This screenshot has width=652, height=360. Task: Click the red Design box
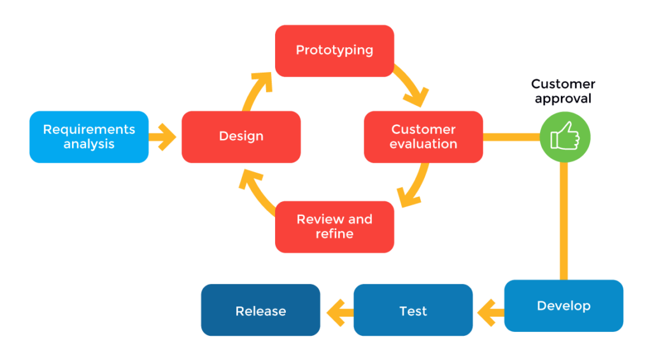point(241,136)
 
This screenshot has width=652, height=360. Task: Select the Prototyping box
point(334,50)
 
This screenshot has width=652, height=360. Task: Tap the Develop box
point(563,306)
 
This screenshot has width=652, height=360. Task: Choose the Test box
point(413,311)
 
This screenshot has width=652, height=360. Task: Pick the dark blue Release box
point(260,311)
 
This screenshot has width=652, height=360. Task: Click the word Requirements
point(89,129)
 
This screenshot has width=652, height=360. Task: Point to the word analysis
point(89,145)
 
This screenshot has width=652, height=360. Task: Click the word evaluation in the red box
point(423,145)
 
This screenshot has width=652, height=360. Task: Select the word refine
point(334,234)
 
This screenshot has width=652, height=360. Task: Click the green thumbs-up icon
point(565,136)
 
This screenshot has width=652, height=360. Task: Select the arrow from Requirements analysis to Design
point(164,136)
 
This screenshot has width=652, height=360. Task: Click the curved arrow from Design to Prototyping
point(255,89)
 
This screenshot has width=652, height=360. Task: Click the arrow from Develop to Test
point(489,312)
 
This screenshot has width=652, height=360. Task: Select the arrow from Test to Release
point(338,312)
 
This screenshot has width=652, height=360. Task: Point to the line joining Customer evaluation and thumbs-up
point(511,136)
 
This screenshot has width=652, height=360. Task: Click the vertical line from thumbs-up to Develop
point(563,220)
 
